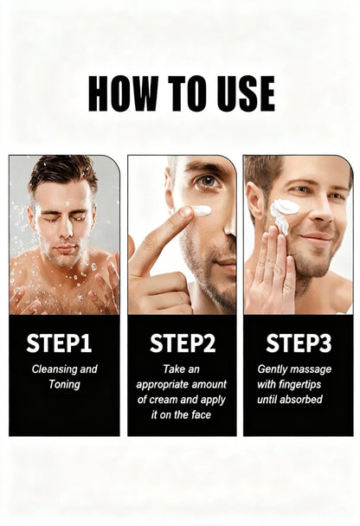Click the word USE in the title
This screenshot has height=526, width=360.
(241, 93)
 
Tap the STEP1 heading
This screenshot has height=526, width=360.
(59, 343)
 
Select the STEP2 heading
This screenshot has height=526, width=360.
(182, 343)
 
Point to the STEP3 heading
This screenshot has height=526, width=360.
(298, 343)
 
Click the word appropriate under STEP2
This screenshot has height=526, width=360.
(165, 384)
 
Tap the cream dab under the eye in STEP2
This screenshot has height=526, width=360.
(201, 210)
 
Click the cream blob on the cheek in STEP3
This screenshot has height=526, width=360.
(285, 208)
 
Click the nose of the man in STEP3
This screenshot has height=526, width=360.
(317, 213)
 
